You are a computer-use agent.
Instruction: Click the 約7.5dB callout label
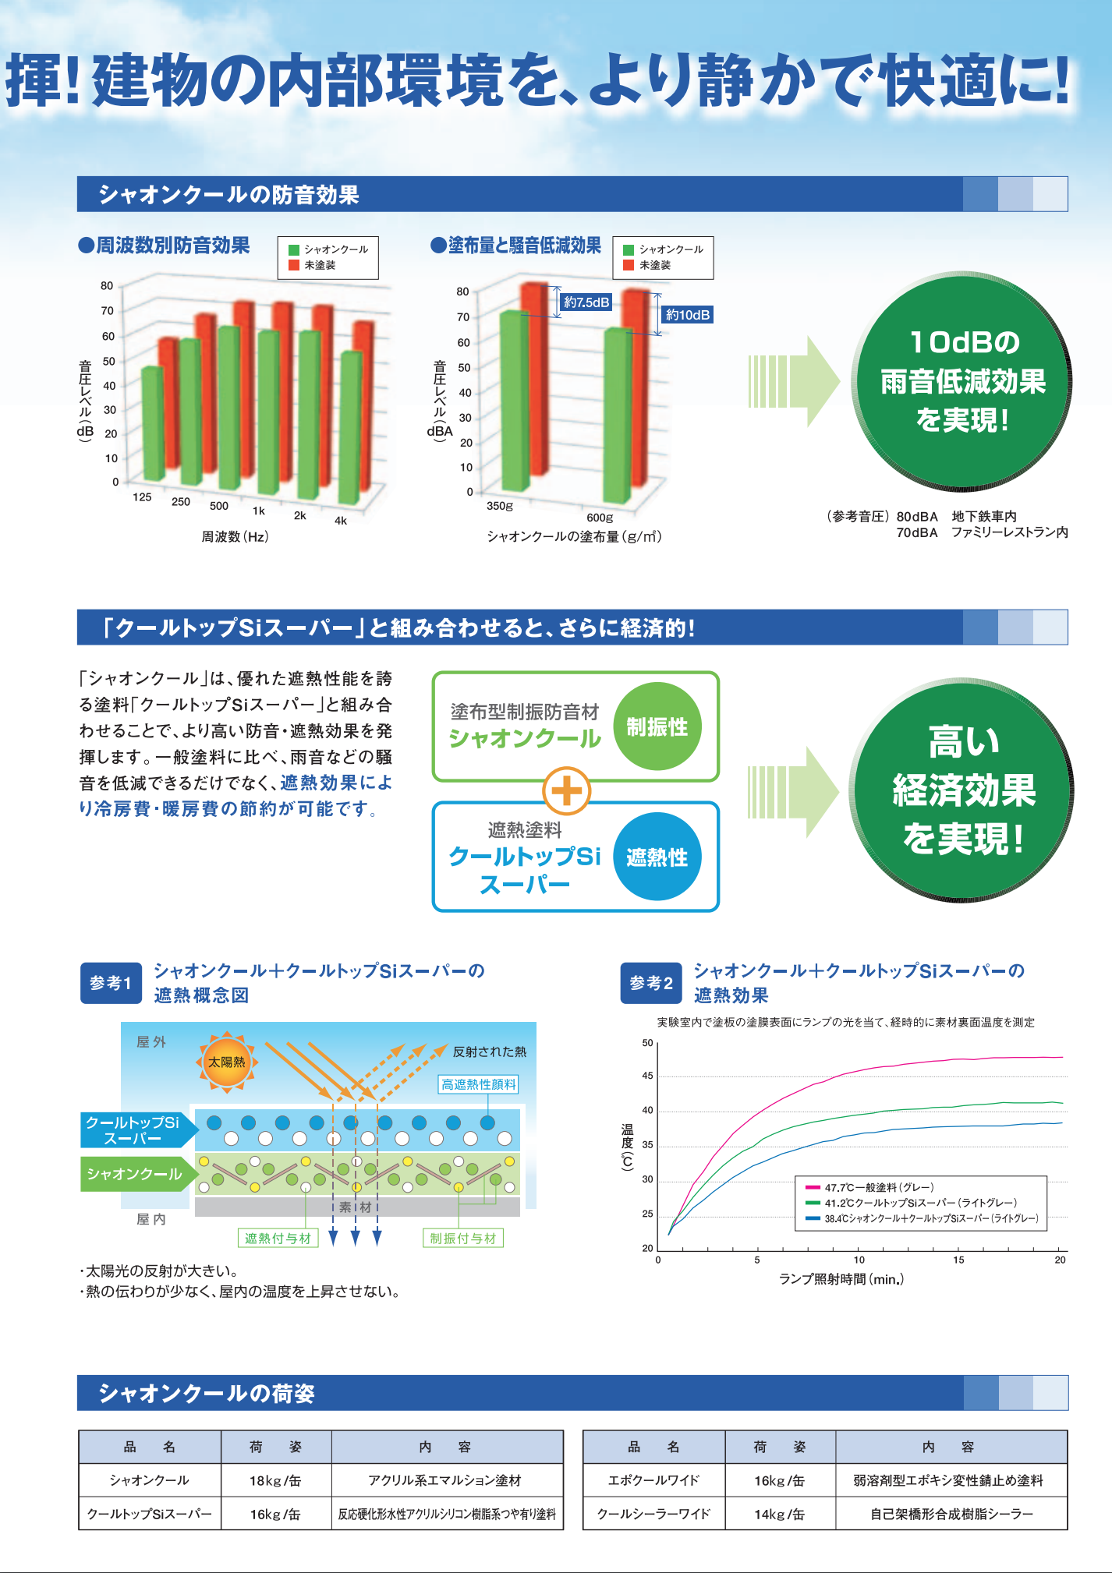(x=586, y=302)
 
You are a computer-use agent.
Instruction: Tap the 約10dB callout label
(x=687, y=315)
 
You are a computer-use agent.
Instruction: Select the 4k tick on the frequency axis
(x=341, y=521)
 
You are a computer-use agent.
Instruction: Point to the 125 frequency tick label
(x=142, y=497)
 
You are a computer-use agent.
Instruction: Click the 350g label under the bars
(x=499, y=506)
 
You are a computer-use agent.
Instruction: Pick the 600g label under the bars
(x=600, y=518)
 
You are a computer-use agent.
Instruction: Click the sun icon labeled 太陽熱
(x=226, y=1062)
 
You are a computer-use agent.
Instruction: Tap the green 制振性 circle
(x=657, y=726)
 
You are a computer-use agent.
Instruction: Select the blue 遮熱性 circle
(x=657, y=857)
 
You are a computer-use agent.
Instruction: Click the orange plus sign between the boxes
(x=567, y=791)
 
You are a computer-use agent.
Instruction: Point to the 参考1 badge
(x=111, y=983)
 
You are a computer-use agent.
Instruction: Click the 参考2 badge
(x=651, y=983)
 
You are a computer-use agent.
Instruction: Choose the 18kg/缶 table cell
(x=275, y=1480)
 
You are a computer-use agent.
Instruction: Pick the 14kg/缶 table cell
(x=779, y=1514)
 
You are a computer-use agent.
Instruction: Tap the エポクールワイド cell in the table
(x=653, y=1480)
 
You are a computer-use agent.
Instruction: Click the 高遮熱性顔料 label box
(x=479, y=1084)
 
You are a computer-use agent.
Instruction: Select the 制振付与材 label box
(x=463, y=1238)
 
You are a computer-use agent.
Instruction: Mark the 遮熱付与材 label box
(x=278, y=1238)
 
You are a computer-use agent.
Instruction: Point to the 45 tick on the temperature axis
(x=647, y=1076)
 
